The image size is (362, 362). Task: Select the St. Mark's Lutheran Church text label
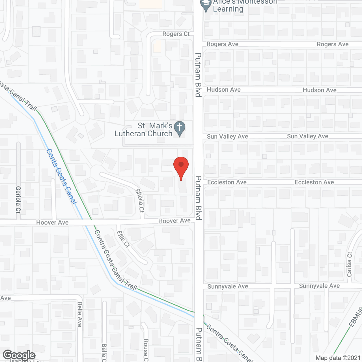[x=144, y=130]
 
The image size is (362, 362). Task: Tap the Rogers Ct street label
[x=176, y=34]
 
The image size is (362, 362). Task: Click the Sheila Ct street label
[x=140, y=201]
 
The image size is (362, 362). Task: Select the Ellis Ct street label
[x=123, y=239]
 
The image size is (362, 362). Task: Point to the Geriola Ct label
[x=18, y=199]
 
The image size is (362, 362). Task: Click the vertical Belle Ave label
[x=80, y=314]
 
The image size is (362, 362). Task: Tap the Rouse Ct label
[x=146, y=350]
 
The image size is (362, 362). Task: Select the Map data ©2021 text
[x=338, y=358]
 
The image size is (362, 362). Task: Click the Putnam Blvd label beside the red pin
[x=198, y=198]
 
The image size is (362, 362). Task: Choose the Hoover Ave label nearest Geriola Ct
[x=52, y=223]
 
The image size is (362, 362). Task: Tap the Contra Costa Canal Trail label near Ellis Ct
[x=116, y=260]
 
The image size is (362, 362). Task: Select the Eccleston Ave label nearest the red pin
[x=227, y=182]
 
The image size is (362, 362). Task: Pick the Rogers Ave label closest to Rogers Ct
[x=222, y=44]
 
